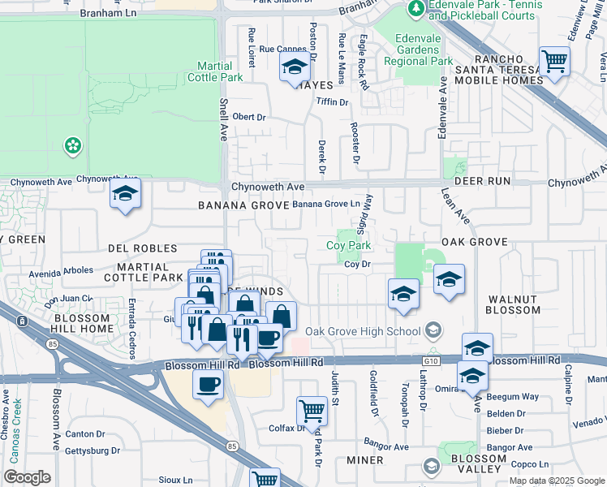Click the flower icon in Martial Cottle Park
point(73,145)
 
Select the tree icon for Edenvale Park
point(415,9)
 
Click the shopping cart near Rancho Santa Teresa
point(554,61)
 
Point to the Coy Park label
point(348,245)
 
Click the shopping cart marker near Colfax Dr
point(312,412)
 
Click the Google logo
point(28,477)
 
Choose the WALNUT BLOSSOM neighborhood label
point(513,304)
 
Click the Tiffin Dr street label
point(332,102)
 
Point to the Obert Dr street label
point(249,117)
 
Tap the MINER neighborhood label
point(364,460)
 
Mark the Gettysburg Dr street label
point(92,450)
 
